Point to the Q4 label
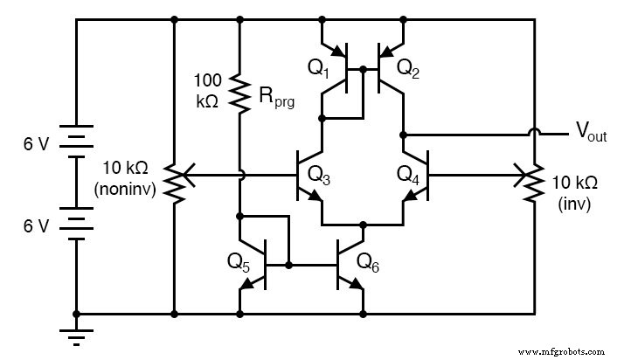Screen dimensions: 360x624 [x=407, y=172]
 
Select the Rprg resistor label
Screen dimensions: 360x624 [x=277, y=98]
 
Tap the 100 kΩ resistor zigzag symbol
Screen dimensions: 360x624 [x=239, y=93]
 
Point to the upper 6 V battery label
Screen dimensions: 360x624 [x=36, y=144]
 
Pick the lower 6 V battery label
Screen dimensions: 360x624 [x=36, y=225]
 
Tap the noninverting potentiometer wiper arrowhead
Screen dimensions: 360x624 [x=187, y=175]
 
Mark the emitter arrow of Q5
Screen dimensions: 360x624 [x=248, y=282]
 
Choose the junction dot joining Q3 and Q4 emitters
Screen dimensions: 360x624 [x=363, y=225]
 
